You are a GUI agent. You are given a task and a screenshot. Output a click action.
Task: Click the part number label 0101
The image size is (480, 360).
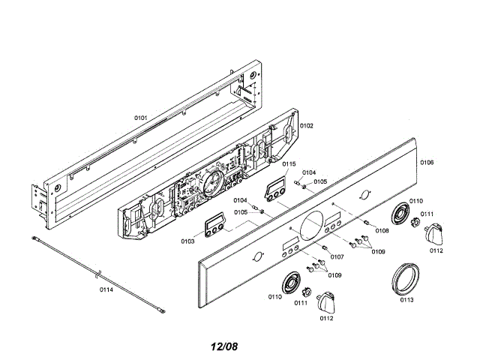coord(140,118)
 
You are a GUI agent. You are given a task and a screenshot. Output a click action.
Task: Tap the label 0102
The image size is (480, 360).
coord(307,126)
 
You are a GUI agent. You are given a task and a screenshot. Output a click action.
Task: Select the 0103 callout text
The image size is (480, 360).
coord(187,241)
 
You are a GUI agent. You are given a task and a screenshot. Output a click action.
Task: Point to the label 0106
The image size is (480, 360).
coord(427,162)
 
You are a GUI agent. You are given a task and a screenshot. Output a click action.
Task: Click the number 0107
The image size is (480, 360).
coord(337,256)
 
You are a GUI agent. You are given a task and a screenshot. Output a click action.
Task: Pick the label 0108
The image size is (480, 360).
coord(382,230)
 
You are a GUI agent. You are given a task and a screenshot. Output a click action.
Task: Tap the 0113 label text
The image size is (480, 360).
coord(407,299)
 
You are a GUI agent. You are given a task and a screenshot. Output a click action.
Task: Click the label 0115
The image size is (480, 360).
coord(289,164)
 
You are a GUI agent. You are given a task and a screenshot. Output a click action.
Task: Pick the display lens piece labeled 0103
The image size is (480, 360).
coord(217,223)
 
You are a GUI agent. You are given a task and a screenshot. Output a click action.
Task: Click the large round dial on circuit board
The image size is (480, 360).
coord(213,181)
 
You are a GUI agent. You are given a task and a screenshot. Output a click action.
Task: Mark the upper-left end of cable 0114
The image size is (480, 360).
coord(36,237)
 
